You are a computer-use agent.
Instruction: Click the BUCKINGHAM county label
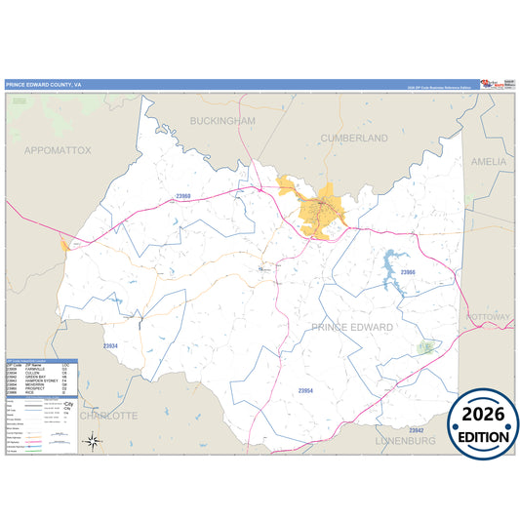click(x=221, y=120)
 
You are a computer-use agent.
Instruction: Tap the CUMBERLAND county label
click(x=353, y=139)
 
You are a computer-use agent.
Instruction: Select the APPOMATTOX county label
click(x=58, y=149)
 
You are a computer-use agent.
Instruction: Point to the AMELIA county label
click(x=488, y=161)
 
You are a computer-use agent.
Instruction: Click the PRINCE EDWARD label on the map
click(x=351, y=327)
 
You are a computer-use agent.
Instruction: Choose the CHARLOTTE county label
click(x=108, y=415)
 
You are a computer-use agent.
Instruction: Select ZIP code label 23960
click(x=183, y=197)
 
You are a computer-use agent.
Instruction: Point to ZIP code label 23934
click(x=110, y=345)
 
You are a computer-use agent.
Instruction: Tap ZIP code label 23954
click(x=306, y=390)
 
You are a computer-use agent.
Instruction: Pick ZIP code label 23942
click(x=416, y=429)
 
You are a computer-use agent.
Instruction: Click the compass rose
click(x=93, y=441)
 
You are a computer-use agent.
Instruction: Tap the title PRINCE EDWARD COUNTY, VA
click(x=44, y=85)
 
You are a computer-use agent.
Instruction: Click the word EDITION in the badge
click(x=484, y=436)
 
